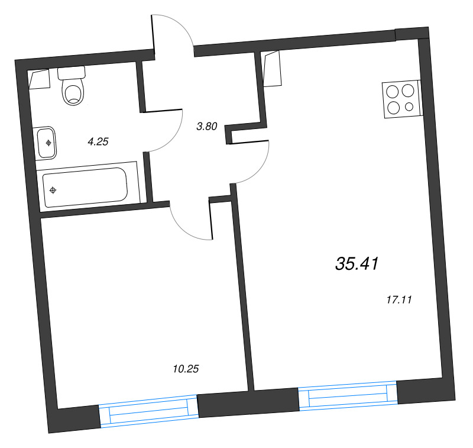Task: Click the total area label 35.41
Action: point(356,264)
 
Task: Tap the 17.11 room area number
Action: point(398,300)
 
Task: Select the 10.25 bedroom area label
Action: point(186,369)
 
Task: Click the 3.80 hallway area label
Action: point(208,125)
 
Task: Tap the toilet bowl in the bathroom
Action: point(73,93)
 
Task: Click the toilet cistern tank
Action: point(72,73)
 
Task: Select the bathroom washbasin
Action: point(47,143)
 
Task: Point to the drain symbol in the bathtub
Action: point(54,190)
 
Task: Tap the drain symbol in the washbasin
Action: point(48,142)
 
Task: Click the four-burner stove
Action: point(401,99)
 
